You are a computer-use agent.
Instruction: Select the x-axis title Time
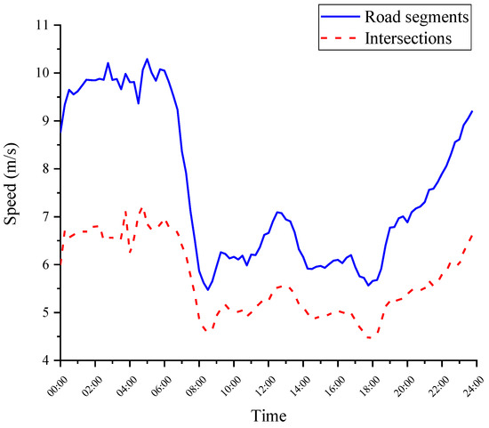pos(267,415)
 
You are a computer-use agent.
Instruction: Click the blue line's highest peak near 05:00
pos(147,59)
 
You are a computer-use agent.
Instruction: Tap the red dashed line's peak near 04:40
pos(141,207)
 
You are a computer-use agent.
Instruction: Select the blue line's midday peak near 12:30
pos(278,212)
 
